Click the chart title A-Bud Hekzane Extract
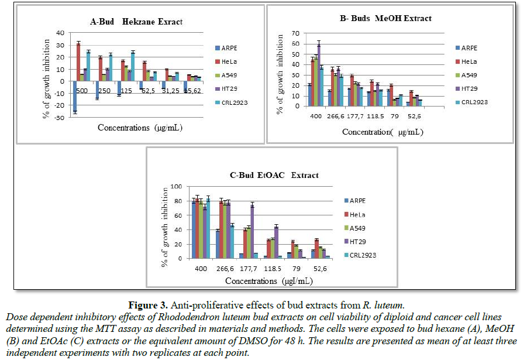[x=136, y=22]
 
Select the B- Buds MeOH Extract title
[x=385, y=19]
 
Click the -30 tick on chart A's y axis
[x=61, y=118]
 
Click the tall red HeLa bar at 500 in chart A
[x=78, y=61]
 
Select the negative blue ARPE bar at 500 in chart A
[x=75, y=97]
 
